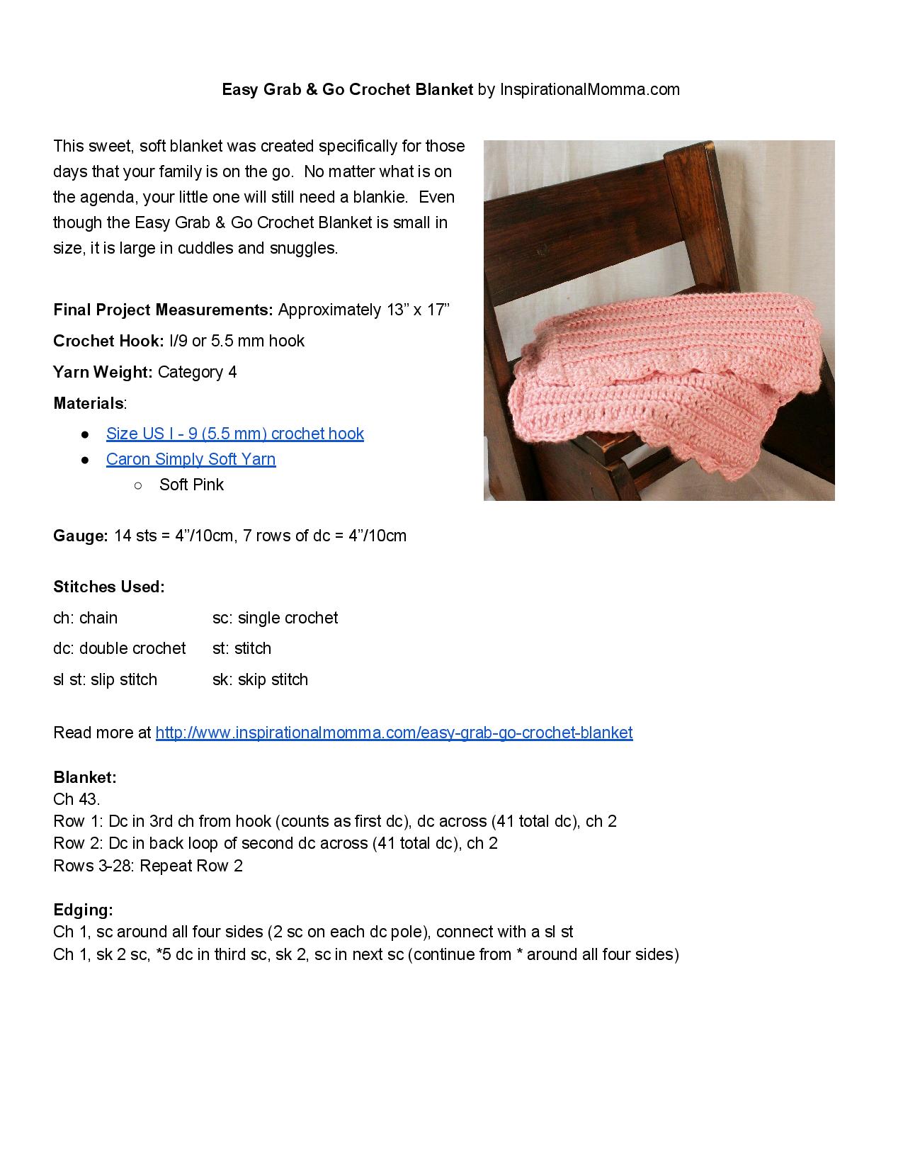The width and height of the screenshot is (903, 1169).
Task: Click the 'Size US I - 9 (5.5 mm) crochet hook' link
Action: coord(234,434)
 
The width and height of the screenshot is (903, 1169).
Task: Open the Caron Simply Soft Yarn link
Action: coord(191,459)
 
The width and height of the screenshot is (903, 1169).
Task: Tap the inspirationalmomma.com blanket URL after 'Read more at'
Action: coord(394,733)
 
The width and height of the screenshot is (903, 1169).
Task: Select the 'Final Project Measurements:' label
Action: coord(163,310)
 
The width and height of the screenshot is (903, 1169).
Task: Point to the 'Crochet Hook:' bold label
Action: coord(108,341)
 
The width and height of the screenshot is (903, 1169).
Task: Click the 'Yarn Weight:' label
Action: coord(103,372)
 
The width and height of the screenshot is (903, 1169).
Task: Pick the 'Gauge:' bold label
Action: coord(80,536)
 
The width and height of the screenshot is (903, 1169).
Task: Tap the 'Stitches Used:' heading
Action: coord(108,587)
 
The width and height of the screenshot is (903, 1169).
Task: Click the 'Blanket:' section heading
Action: coord(84,777)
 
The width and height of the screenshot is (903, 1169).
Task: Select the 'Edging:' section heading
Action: coord(83,910)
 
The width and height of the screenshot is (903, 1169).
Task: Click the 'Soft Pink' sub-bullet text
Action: coord(191,485)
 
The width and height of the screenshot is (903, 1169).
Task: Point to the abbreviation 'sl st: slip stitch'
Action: coord(105,679)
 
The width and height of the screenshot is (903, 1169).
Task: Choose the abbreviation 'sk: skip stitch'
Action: coord(260,679)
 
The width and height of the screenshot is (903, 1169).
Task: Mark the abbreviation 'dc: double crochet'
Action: coord(119,648)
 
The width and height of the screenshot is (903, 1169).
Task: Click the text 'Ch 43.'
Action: coord(76,799)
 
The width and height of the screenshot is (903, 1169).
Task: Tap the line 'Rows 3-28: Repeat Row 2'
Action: coord(147,866)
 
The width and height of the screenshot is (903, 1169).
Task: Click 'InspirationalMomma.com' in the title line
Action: coord(589,89)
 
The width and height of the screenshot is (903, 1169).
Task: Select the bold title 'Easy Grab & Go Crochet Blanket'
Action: coord(347,89)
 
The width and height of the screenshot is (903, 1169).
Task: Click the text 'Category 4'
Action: coord(197,372)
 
